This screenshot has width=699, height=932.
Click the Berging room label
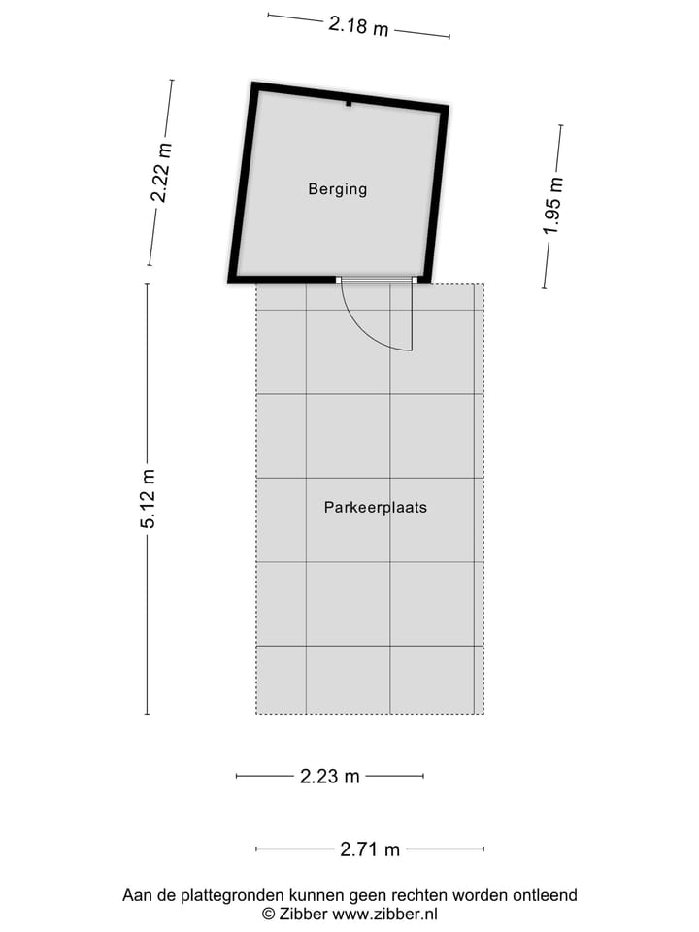tap(338, 189)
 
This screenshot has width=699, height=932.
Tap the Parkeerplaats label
tap(376, 507)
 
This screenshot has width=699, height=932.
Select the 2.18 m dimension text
tap(358, 26)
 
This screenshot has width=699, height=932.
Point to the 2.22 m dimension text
tap(161, 172)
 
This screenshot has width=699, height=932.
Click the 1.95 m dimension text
tap(552, 206)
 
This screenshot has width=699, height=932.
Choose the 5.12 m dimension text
tap(148, 498)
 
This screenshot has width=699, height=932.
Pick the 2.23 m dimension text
tap(329, 776)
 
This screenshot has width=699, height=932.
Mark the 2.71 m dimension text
tap(370, 849)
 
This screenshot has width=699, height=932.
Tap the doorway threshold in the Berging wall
tap(377, 281)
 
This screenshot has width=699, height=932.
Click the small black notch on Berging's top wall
tap(348, 102)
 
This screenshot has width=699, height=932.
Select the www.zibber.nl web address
tap(385, 914)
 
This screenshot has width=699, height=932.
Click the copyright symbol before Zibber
tap(268, 914)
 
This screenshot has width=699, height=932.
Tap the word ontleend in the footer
tap(545, 895)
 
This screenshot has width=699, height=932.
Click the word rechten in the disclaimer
tap(417, 895)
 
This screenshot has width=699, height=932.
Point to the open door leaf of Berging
tap(413, 316)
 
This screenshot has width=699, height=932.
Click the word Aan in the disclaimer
tap(136, 895)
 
